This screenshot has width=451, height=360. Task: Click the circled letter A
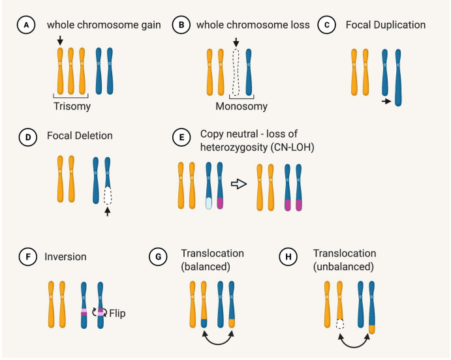[x=26, y=25]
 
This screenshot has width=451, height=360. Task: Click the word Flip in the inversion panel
[x=117, y=313]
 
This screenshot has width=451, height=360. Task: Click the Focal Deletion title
[x=79, y=136]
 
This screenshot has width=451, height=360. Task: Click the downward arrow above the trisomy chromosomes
[x=60, y=40]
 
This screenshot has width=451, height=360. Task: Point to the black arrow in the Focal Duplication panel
[x=387, y=101]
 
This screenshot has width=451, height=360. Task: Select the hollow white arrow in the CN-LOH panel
[x=240, y=185]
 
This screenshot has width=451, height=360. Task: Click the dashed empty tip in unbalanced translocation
[x=339, y=323]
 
